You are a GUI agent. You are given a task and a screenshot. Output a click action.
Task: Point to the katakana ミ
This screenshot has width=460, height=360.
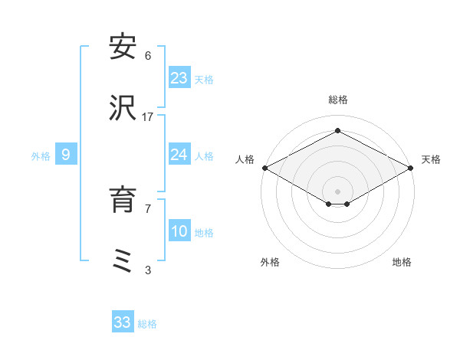click(123, 261)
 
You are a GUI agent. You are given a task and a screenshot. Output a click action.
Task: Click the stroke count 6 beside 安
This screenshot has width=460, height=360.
click(148, 55)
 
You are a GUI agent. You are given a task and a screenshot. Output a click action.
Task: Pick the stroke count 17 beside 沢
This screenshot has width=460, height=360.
click(148, 116)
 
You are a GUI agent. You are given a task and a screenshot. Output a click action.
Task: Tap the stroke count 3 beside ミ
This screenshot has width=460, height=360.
click(148, 270)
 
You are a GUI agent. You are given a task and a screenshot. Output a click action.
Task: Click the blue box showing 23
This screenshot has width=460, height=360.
click(179, 78)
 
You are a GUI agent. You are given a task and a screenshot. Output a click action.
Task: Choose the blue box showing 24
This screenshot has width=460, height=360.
click(179, 155)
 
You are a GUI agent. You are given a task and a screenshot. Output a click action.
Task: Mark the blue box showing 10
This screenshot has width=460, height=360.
click(179, 231)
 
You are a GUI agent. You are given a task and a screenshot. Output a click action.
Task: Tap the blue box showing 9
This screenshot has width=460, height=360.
click(66, 155)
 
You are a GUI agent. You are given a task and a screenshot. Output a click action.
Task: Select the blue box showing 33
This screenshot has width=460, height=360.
click(123, 322)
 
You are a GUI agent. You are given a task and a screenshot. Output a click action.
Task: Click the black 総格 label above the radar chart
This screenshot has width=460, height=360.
click(338, 100)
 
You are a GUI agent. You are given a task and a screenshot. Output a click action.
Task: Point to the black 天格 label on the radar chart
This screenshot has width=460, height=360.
click(431, 159)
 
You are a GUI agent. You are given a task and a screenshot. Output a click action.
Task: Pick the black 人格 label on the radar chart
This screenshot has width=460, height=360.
click(245, 159)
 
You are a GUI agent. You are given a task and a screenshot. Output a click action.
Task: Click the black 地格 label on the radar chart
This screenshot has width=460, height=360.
click(402, 262)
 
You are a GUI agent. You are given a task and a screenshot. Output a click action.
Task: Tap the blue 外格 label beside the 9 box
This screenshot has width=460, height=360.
click(41, 155)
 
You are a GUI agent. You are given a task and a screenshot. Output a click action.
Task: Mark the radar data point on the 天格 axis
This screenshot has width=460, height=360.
click(412, 168)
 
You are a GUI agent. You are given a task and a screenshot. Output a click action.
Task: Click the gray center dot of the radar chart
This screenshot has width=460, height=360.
click(338, 191)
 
